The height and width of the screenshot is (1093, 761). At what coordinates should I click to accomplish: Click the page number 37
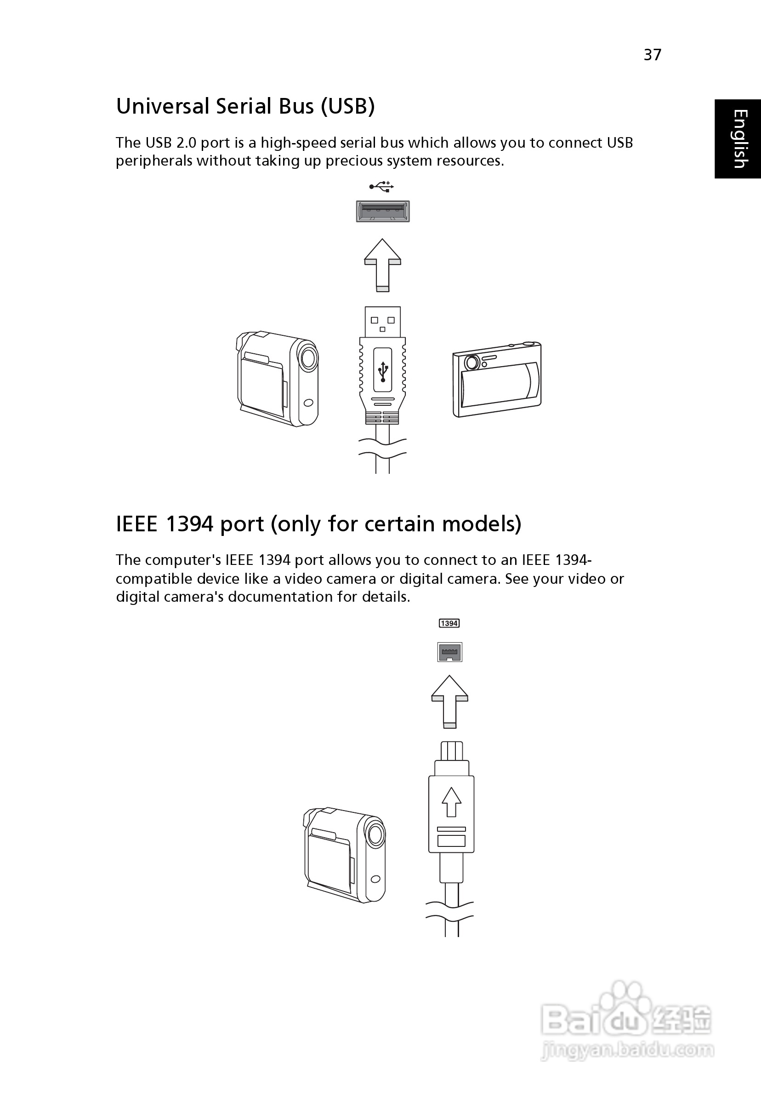(x=652, y=55)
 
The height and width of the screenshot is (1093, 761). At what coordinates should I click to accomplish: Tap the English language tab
(x=738, y=138)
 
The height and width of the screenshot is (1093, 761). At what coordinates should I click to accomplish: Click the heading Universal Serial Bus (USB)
(x=245, y=106)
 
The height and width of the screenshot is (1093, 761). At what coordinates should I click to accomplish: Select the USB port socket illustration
(x=383, y=211)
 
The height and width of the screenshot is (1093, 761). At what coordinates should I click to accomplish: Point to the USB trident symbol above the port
(x=381, y=186)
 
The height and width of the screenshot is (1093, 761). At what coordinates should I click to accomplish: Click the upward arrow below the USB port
(x=382, y=265)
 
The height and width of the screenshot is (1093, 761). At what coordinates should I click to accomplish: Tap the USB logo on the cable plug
(x=383, y=370)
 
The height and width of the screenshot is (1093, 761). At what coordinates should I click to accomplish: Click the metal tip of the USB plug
(x=383, y=322)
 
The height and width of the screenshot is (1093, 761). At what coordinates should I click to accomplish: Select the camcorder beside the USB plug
(x=277, y=379)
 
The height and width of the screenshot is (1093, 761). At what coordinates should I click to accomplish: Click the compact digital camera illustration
(x=497, y=380)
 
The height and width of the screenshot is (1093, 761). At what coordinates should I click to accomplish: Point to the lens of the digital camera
(x=472, y=363)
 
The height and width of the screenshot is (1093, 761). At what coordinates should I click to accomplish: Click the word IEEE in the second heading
(x=137, y=524)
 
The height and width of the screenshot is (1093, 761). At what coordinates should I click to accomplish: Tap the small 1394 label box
(x=449, y=623)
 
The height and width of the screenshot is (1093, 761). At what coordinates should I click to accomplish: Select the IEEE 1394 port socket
(x=450, y=652)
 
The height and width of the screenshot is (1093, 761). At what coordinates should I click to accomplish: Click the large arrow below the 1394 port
(x=449, y=702)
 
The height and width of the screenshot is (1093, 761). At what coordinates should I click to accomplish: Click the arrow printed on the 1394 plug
(x=451, y=802)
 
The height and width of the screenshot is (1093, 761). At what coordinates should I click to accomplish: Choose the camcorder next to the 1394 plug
(x=344, y=855)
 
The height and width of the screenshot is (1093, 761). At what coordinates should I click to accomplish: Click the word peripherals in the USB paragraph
(x=154, y=161)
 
